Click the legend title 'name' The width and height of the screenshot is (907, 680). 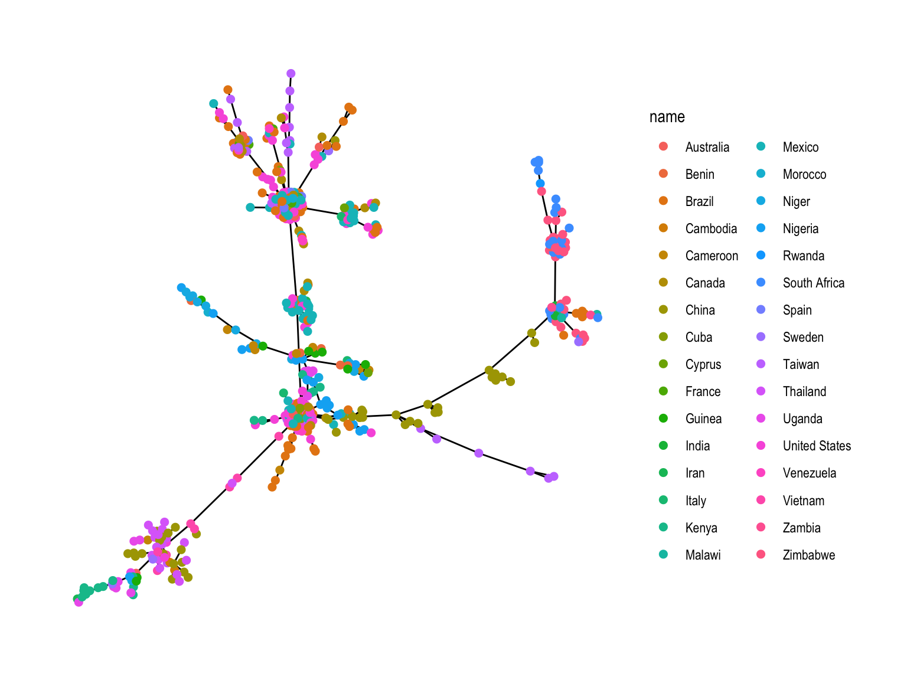click(667, 117)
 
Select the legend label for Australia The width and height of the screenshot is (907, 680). click(707, 147)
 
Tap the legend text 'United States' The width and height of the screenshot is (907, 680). click(817, 446)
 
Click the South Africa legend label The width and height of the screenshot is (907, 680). click(813, 283)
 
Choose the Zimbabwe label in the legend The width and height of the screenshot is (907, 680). click(808, 555)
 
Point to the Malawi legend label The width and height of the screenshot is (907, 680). click(703, 555)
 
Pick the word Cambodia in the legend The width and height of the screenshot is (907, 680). click(711, 228)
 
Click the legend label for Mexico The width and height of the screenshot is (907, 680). click(800, 147)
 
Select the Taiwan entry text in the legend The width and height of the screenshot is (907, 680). click(801, 364)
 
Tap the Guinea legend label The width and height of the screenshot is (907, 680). click(703, 419)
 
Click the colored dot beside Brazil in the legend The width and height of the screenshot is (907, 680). click(663, 201)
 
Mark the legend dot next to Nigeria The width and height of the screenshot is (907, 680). click(761, 228)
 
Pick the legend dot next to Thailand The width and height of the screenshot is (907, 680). click(761, 391)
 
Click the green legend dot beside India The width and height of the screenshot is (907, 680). click(663, 446)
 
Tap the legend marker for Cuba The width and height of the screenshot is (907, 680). click(663, 337)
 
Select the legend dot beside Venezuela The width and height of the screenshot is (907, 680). click(761, 473)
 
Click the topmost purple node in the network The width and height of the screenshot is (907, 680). click(291, 74)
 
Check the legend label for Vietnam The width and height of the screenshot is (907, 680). click(803, 501)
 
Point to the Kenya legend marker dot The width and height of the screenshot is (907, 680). click(663, 528)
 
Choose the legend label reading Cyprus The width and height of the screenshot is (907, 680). click(703, 364)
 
